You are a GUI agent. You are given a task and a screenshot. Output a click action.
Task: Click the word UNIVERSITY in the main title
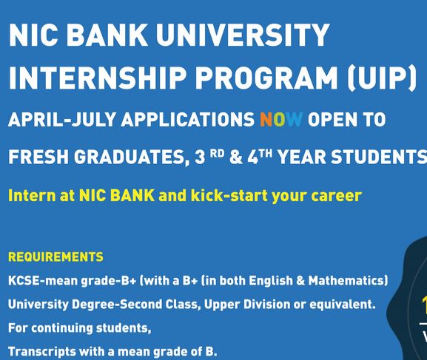click(x=243, y=35)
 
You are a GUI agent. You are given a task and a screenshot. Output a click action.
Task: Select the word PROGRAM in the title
click(x=266, y=78)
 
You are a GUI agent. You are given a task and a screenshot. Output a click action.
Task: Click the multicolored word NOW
click(x=281, y=120)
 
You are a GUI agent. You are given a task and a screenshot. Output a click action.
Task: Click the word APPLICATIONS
click(x=188, y=120)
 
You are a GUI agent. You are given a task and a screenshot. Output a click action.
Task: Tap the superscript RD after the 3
click(x=218, y=154)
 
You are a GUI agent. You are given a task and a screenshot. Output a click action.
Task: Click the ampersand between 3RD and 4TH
click(x=236, y=157)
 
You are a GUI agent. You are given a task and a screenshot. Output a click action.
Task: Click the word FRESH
click(x=38, y=157)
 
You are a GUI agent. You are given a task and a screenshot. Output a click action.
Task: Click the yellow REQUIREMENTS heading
click(x=56, y=257)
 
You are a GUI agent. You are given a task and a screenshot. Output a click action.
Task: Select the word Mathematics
click(x=348, y=281)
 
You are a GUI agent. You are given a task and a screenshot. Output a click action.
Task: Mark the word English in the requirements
click(x=271, y=281)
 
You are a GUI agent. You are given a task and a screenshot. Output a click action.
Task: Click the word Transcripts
click(x=42, y=352)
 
